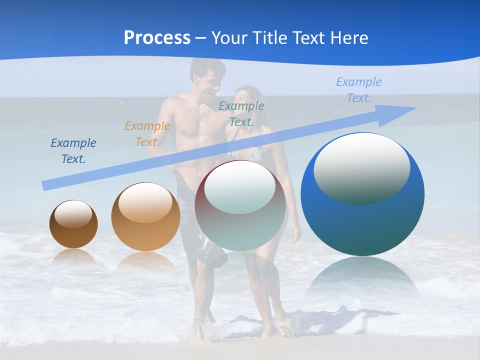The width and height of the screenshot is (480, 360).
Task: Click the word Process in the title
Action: pyautogui.click(x=157, y=38)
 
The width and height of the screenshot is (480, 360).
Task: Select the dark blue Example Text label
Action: pyautogui.click(x=73, y=151)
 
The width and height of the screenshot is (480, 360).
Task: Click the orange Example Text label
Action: pyautogui.click(x=147, y=133)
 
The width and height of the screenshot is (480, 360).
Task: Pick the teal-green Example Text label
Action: pyautogui.click(x=241, y=113)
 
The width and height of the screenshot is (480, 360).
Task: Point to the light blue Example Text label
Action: pyautogui.click(x=359, y=90)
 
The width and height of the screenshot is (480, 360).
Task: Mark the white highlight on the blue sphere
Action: pyautogui.click(x=362, y=168)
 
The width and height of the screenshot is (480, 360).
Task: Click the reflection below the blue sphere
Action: pyautogui.click(x=362, y=277)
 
